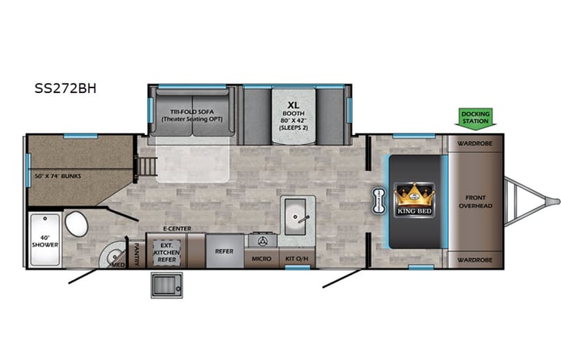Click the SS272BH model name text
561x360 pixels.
click(x=65, y=88)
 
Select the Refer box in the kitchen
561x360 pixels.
click(x=225, y=251)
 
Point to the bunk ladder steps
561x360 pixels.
click(x=147, y=166)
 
